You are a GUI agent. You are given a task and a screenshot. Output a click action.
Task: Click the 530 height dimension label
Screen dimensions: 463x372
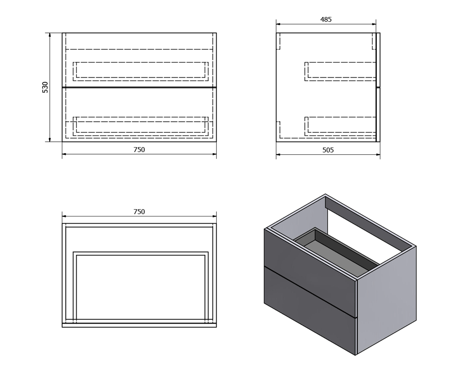45,87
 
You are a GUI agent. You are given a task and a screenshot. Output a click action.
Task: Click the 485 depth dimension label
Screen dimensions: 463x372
326,19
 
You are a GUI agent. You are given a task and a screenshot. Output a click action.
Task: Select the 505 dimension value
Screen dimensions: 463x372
328,150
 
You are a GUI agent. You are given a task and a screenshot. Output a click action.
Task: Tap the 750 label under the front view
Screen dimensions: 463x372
139,150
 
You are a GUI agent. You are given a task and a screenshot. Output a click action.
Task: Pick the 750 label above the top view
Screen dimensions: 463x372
139,212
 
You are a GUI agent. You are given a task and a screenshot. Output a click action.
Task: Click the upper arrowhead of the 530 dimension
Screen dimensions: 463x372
50,35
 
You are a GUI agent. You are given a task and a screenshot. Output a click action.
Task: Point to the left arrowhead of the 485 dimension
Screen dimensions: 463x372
279,24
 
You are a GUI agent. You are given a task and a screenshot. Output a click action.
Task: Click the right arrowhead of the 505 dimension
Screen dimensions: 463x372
377,155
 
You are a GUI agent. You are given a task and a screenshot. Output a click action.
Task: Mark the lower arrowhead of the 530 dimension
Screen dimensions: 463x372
50,139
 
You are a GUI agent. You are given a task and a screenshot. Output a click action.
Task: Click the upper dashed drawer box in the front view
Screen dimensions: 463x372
140,72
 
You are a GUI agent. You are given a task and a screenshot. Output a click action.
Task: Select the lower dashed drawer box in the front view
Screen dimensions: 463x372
140,126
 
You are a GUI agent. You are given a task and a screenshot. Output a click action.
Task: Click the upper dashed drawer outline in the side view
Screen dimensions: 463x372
340,72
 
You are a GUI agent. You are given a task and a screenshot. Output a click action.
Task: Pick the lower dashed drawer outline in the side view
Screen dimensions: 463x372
340,126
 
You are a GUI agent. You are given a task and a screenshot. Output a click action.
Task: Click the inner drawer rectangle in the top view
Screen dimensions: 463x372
140,255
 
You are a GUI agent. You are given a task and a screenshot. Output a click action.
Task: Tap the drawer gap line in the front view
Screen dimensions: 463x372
139,87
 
